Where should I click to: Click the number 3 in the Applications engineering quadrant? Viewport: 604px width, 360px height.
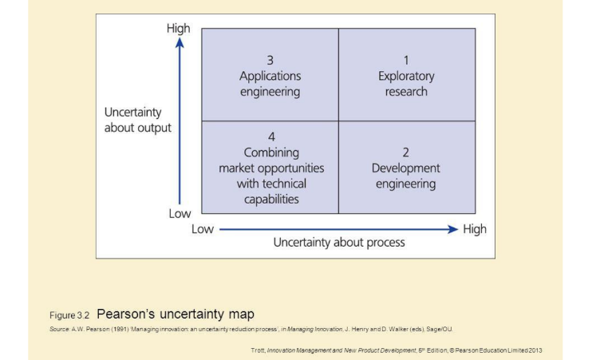[270, 60]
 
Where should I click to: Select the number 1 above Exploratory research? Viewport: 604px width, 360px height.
[406, 60]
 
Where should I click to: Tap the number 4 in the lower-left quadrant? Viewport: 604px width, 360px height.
[271, 136]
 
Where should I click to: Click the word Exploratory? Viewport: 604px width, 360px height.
[406, 76]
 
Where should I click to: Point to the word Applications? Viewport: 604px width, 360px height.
[270, 76]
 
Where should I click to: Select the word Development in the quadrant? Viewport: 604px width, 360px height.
[405, 168]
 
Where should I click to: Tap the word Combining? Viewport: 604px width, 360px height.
[271, 152]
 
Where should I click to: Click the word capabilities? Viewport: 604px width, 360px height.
[271, 199]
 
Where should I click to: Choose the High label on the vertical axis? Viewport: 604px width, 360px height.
[179, 28]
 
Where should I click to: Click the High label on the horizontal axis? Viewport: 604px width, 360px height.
[474, 229]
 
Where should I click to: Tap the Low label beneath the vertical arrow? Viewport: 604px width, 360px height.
[180, 214]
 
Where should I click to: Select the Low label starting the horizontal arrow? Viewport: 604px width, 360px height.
[203, 229]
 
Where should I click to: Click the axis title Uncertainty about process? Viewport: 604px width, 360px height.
[339, 242]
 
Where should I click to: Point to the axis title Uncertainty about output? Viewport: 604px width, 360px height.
[138, 119]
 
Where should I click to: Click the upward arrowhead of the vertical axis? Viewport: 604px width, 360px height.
[180, 43]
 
